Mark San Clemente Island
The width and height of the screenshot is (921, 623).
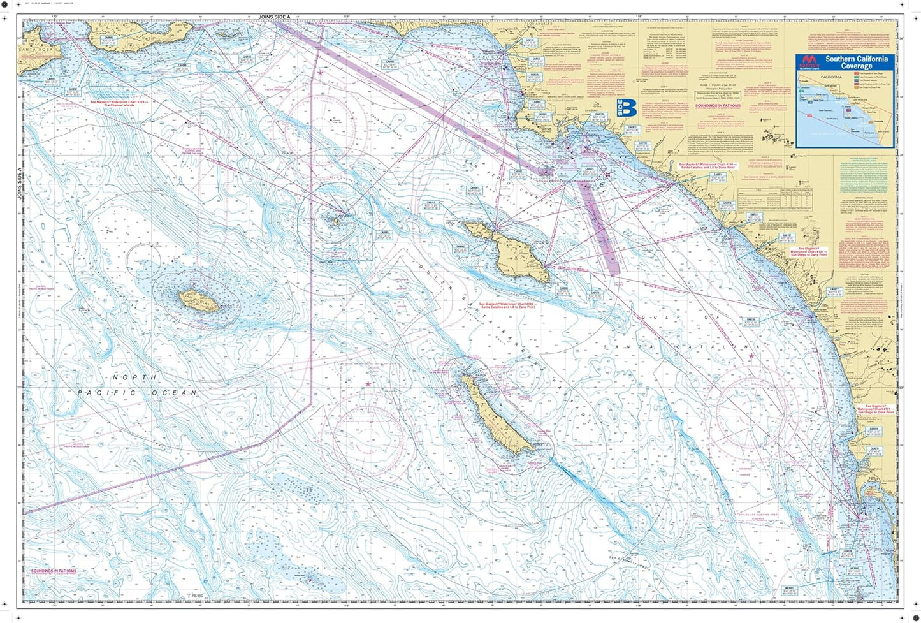coord(495,415)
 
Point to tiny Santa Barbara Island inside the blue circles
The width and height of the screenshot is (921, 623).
coord(333,221)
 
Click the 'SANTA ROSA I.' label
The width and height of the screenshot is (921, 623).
coord(32,49)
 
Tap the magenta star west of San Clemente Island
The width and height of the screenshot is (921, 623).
coord(368,383)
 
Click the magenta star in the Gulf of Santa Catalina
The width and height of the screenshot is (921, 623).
coord(752,356)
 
